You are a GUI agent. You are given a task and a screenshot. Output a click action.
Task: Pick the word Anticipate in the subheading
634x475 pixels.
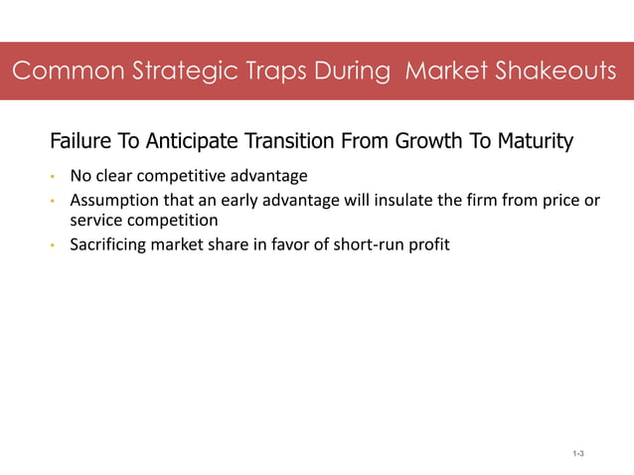pos(186,141)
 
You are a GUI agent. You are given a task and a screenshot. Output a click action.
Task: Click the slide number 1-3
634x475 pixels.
pos(577,453)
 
